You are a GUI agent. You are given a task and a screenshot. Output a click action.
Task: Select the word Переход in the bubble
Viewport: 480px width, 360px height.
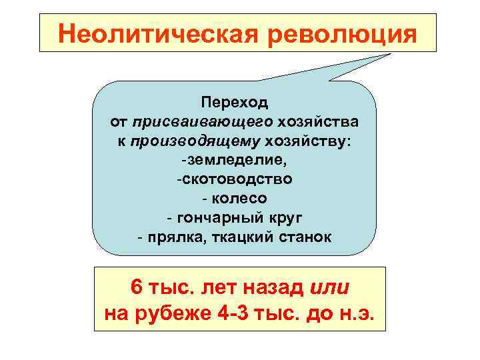234,103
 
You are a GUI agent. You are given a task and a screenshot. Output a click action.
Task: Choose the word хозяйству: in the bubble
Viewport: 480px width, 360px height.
310,141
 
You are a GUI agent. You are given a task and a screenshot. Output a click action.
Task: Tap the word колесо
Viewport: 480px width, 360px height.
239,199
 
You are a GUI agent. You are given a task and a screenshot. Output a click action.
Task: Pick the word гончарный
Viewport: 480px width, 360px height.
216,218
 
